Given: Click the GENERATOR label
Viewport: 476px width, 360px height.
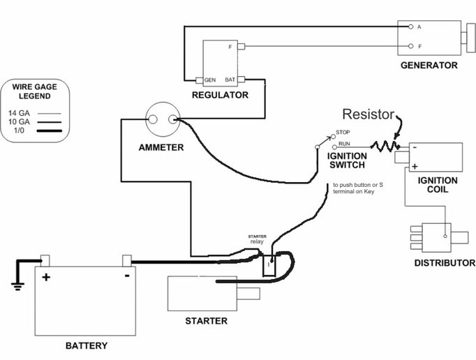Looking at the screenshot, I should pyautogui.click(x=429, y=66).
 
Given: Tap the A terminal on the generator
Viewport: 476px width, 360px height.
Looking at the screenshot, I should pyautogui.click(x=410, y=27).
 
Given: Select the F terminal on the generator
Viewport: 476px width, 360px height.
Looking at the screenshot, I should pyautogui.click(x=410, y=48).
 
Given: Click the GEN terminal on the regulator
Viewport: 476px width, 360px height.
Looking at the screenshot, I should pyautogui.click(x=200, y=80).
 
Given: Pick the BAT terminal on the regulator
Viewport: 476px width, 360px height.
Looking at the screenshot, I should pyautogui.click(x=239, y=80).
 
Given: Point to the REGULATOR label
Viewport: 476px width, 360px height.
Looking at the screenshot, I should pyautogui.click(x=220, y=95).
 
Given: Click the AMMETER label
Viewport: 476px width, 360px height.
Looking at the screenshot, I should pyautogui.click(x=161, y=147).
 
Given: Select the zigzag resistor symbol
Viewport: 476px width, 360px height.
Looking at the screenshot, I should pyautogui.click(x=384, y=147).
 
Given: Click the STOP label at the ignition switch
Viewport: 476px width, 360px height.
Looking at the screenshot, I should pyautogui.click(x=343, y=132).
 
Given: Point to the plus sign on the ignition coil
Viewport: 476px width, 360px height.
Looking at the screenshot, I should pyautogui.click(x=415, y=167).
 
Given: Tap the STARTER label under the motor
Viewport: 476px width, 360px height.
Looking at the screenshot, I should pyautogui.click(x=206, y=321).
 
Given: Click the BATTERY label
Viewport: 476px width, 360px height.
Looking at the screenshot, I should pyautogui.click(x=86, y=345).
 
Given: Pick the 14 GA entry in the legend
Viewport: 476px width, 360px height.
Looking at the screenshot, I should pyautogui.click(x=19, y=112).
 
